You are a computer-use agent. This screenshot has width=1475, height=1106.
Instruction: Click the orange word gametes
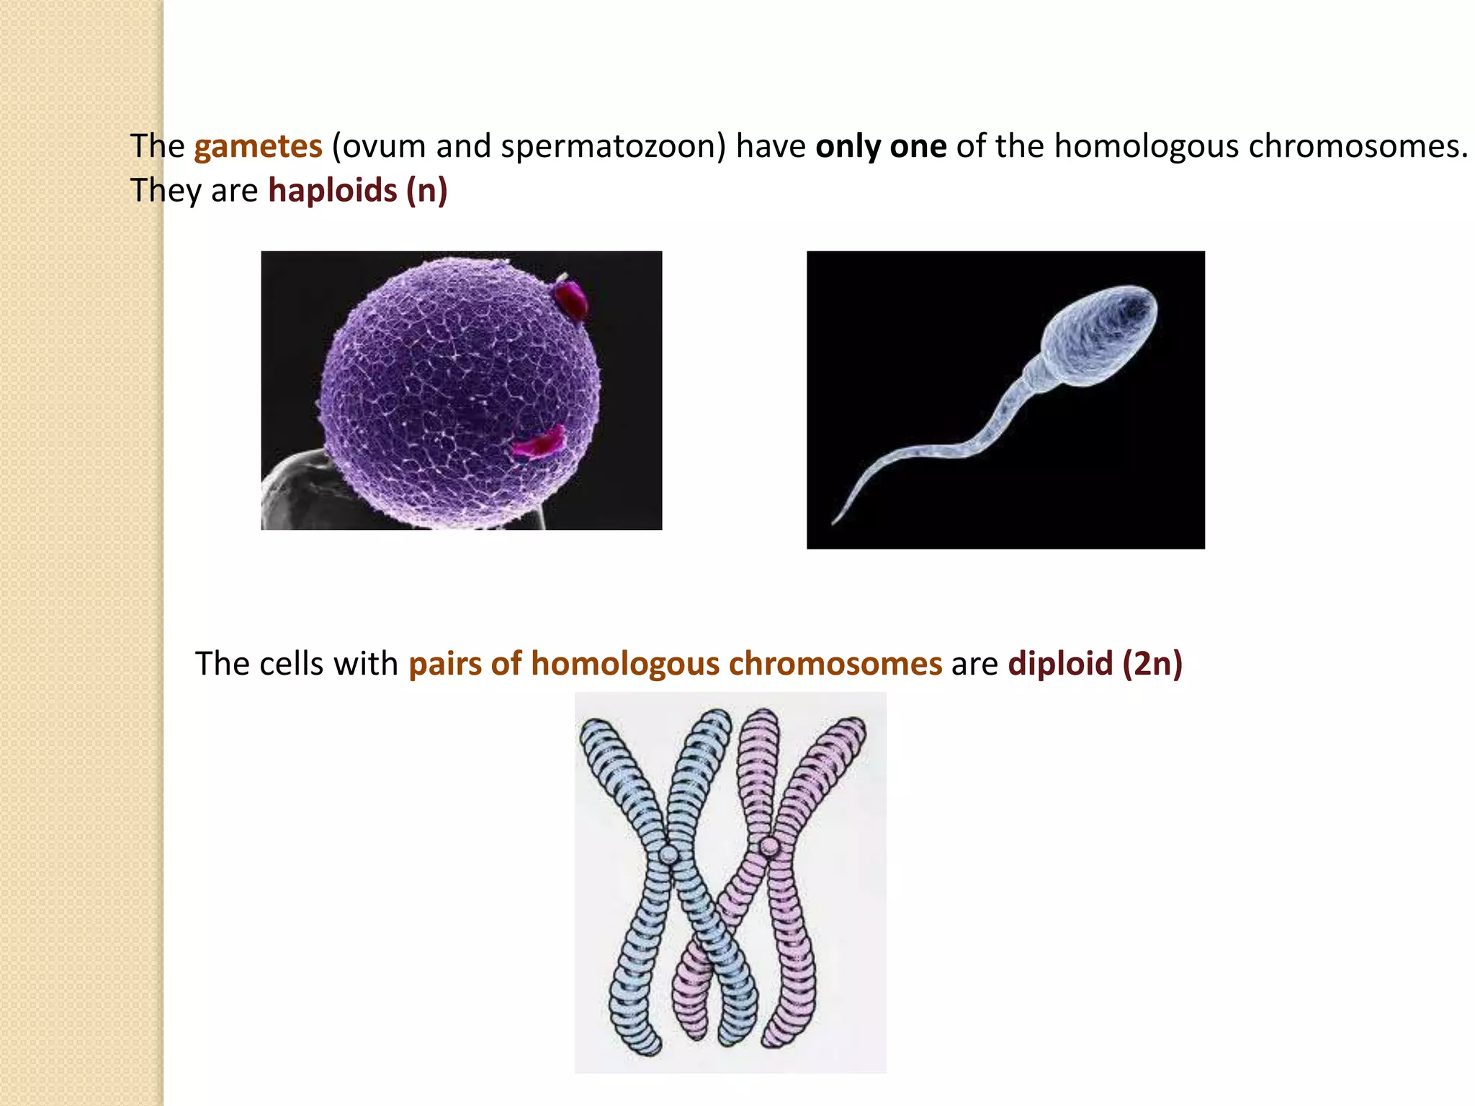pyautogui.click(x=258, y=146)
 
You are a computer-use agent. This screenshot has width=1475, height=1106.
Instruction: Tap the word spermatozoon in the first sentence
pyautogui.click(x=612, y=146)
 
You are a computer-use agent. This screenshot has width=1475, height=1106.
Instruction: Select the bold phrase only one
pyautogui.click(x=881, y=146)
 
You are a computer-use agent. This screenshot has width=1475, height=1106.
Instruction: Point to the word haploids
pyautogui.click(x=333, y=191)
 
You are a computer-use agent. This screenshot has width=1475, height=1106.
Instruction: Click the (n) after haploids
pyautogui.click(x=427, y=191)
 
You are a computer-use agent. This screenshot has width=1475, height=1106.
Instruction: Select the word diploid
pyautogui.click(x=1060, y=663)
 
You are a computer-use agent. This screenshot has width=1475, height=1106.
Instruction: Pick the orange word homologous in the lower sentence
pyautogui.click(x=625, y=663)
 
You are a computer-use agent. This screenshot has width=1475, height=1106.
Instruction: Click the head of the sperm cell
pyautogui.click(x=1102, y=335)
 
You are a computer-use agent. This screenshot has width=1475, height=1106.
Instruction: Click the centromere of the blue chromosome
pyautogui.click(x=669, y=855)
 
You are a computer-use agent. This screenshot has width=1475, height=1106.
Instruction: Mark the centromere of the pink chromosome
pyautogui.click(x=769, y=846)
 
